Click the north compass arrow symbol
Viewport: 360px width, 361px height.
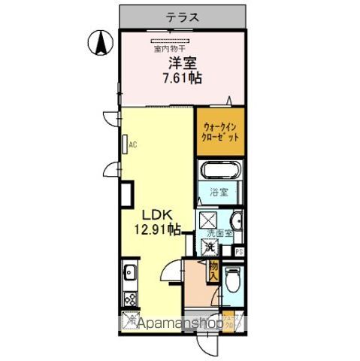tap(98, 43)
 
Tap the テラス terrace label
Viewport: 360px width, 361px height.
tap(183, 14)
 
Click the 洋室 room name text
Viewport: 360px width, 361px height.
tap(182, 63)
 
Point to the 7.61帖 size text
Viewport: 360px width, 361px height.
tap(183, 77)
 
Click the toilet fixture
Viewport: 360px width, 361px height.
tap(232, 280)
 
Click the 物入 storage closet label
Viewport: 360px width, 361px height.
tap(213, 270)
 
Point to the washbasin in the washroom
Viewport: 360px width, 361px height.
tap(235, 220)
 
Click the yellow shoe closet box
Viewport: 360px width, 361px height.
tap(232, 321)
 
